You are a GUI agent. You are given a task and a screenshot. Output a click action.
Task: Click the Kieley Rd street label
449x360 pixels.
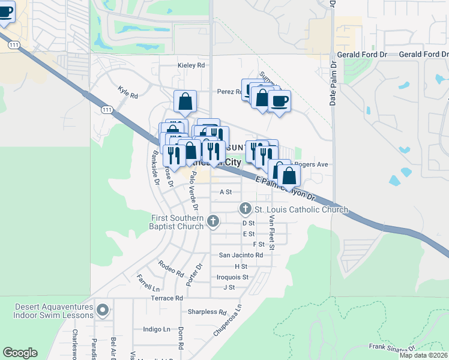[x=191, y=65]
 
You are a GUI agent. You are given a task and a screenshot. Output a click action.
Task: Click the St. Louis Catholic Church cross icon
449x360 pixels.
[x=245, y=209]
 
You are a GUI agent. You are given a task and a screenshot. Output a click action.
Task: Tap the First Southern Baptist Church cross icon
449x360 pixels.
[x=212, y=222]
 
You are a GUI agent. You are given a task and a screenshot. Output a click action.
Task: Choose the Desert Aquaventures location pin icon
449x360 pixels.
[x=103, y=310]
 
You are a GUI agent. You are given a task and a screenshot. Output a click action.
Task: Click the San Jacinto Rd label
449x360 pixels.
[x=241, y=255]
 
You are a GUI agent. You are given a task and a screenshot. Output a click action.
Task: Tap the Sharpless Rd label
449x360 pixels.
[x=206, y=312]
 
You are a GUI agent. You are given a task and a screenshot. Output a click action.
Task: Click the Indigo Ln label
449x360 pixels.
[x=157, y=329]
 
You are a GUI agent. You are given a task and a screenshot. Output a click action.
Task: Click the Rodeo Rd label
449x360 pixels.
[x=171, y=269]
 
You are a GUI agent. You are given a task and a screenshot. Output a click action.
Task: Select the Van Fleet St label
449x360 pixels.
[x=272, y=232]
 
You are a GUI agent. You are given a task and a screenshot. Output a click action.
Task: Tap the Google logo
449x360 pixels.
[x=20, y=353]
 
